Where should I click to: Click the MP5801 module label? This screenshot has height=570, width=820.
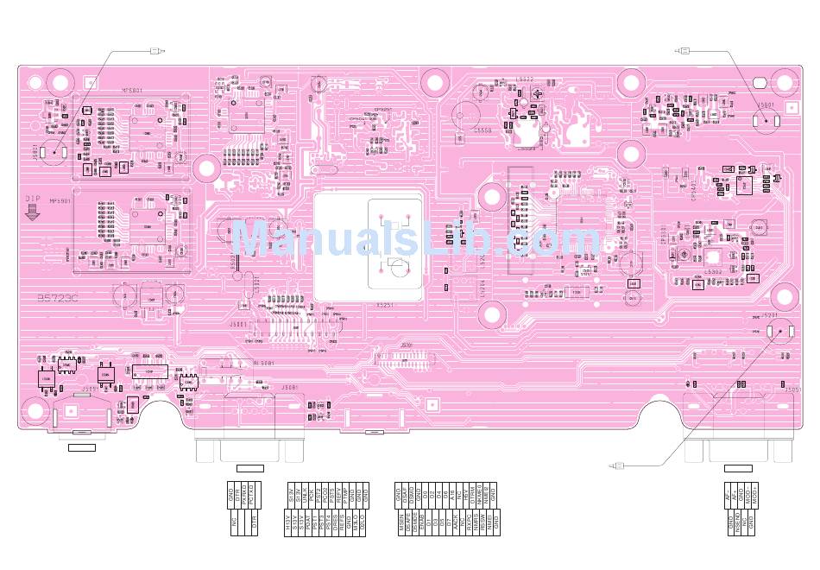(x=130, y=89)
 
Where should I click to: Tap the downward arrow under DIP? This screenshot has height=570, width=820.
(x=33, y=212)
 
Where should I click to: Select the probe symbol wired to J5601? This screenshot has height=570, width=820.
(x=684, y=51)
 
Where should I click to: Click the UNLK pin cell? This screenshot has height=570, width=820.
(x=305, y=496)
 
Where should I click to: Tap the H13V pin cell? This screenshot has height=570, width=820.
(x=287, y=524)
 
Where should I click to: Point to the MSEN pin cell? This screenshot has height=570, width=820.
(x=401, y=524)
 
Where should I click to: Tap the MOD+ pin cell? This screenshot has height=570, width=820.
(x=755, y=496)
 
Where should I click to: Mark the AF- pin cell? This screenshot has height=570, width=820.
(x=731, y=496)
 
